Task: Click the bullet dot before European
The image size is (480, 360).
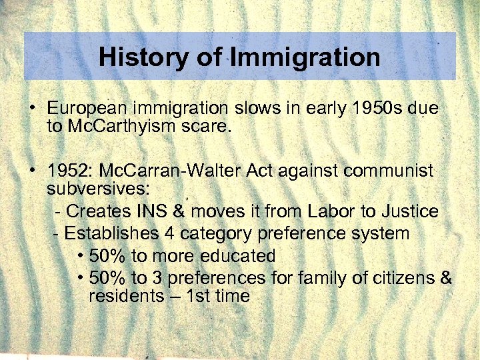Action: [32, 107]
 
